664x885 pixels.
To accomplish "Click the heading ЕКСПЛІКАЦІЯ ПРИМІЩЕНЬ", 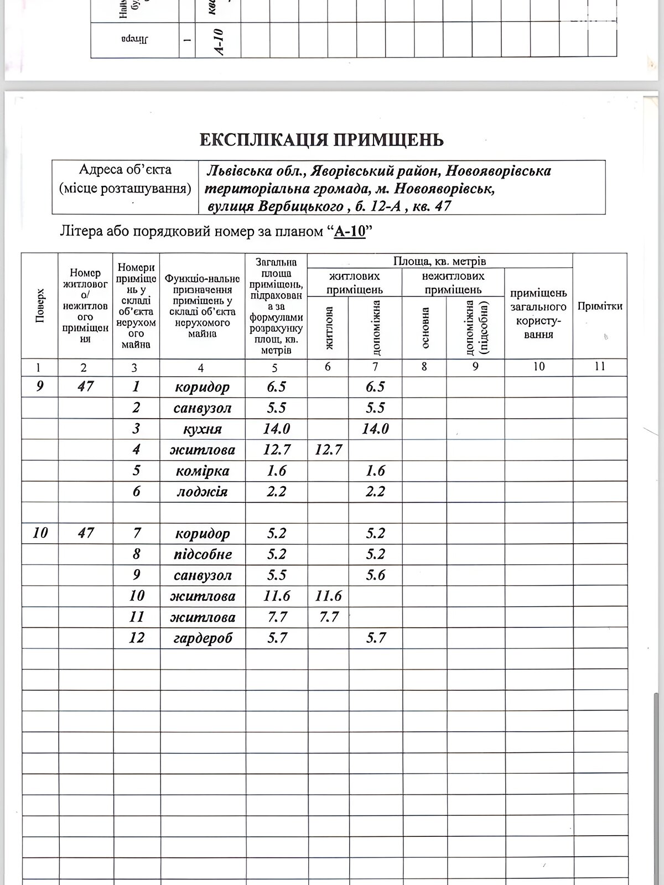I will pos(321,140).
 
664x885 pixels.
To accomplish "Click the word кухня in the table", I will pos(202,429).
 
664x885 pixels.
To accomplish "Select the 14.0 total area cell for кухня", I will pos(276,429).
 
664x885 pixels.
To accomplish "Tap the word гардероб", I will pos(202,638).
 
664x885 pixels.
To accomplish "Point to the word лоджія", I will pos(202,492).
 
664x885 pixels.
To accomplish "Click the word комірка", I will pos(202,471).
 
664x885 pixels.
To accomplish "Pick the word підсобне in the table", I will pos(202,554).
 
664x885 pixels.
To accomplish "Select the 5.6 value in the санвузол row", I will pos(375,575).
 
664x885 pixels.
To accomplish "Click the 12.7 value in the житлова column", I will pos(328,450).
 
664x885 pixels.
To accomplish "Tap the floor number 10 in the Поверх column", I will pos(40,533).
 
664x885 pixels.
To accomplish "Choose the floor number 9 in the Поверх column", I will pos(40,387).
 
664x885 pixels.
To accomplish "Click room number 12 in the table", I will pos(136,638).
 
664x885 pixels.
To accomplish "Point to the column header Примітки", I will pos(600,306).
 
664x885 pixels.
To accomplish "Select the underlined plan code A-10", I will pos(350,231).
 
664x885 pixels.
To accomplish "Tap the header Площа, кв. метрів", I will pos(439,261).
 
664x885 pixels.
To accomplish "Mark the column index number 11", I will pos(600,367).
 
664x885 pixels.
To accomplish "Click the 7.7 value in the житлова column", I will pos(328,617).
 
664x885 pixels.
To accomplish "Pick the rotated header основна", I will pos(425,327).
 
